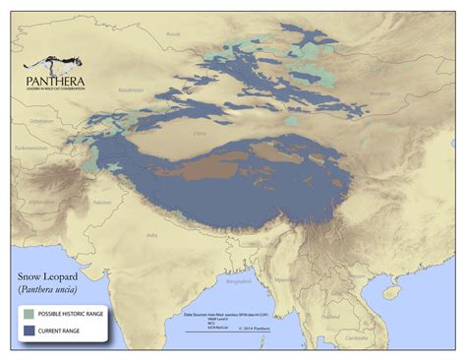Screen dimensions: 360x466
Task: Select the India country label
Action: [151, 235]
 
